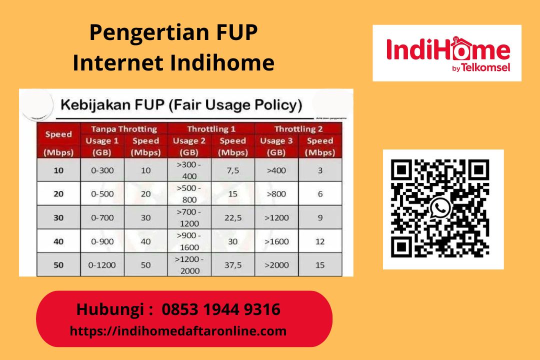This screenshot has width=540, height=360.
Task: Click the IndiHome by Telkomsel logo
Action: [447, 53]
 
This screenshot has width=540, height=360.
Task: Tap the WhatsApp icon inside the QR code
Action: [440, 207]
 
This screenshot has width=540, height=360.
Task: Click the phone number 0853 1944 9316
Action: [220, 309]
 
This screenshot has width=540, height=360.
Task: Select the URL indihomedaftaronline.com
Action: [178, 331]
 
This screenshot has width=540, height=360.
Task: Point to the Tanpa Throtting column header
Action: [123, 129]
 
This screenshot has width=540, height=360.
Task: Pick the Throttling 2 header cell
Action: [298, 129]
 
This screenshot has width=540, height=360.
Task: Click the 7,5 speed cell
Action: [232, 170]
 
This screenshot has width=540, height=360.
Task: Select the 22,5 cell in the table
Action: [232, 217]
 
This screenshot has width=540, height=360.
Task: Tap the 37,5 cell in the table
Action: [232, 265]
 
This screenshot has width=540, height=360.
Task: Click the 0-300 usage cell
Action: [102, 170]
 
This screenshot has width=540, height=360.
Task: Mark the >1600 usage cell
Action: [276, 241]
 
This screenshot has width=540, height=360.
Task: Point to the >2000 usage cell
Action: [276, 265]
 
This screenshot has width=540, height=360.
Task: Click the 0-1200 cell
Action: [102, 265]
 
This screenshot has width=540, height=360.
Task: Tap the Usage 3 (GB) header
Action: [276, 146]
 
